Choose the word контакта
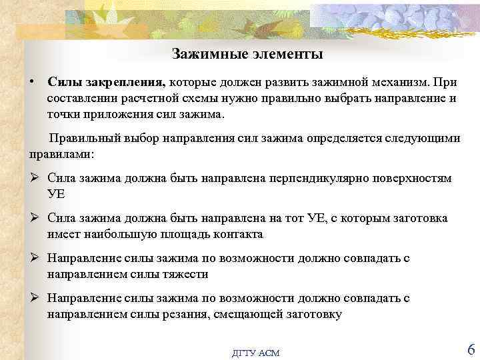pos(238,234)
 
